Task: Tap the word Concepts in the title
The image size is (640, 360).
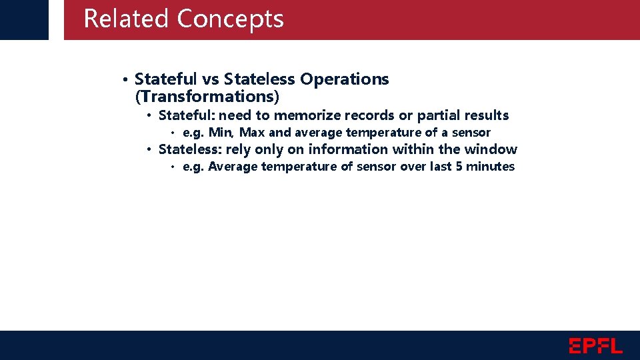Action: (x=230, y=19)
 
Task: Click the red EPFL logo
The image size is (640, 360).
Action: (x=595, y=345)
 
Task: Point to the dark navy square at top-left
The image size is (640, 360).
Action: (x=24, y=19)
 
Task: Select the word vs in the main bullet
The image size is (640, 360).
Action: (x=211, y=79)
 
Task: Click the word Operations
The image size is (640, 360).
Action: (x=344, y=79)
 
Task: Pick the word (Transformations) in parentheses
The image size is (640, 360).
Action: (x=207, y=97)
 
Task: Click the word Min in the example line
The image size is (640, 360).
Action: (x=220, y=133)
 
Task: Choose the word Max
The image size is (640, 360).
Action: (x=252, y=133)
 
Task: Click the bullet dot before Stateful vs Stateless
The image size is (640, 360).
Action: (x=125, y=80)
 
